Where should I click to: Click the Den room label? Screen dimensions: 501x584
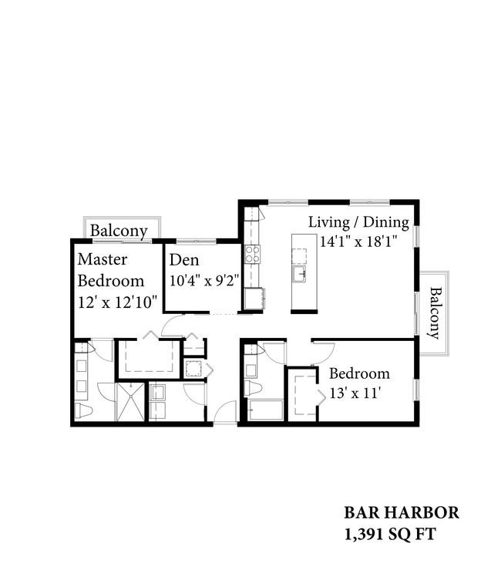[184, 260]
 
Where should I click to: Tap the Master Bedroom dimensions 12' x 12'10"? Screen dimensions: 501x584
[118, 302]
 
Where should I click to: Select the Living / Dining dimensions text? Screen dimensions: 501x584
[358, 241]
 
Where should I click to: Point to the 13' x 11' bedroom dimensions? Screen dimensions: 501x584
[355, 393]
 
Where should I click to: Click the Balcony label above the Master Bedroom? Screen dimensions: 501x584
[119, 231]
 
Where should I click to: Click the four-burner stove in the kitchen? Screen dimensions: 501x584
[252, 255]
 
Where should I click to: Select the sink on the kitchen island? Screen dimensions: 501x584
[300, 274]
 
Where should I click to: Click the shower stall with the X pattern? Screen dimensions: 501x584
[130, 402]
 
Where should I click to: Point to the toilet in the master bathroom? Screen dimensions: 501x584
[83, 410]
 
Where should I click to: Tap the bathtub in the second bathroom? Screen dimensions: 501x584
[265, 410]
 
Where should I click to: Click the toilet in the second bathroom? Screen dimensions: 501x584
[253, 388]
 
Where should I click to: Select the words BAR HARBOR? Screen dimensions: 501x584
[402, 512]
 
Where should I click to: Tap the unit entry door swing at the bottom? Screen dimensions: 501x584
[226, 411]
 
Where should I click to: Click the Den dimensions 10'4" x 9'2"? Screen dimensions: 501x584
[204, 280]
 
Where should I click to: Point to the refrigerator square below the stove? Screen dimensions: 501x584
[254, 299]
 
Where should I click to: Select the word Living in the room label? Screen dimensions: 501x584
[328, 222]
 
